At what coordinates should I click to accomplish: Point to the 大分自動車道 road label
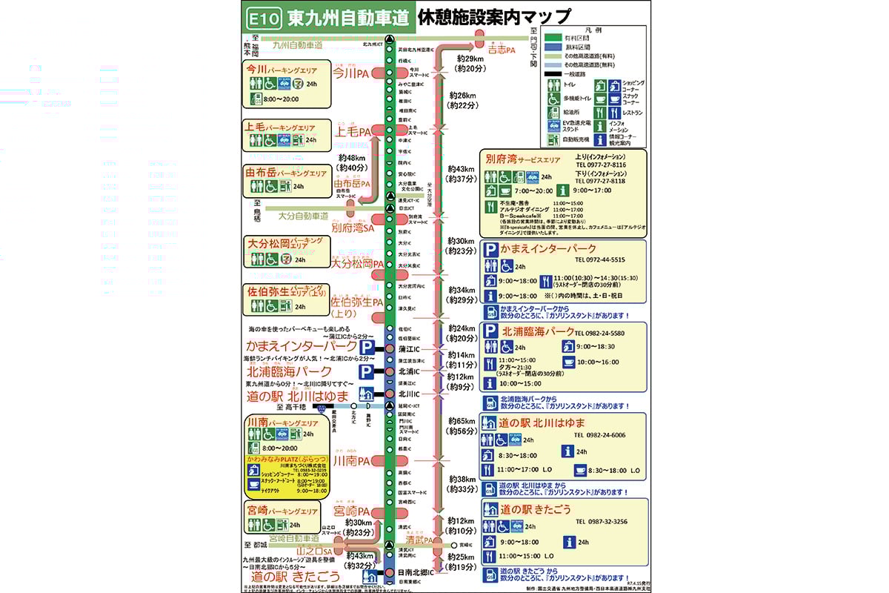[303, 216]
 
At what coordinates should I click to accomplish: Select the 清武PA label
[419, 540]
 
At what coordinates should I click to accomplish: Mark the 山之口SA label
[311, 551]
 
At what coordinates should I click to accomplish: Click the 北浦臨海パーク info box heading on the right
[538, 331]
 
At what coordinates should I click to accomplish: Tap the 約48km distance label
[351, 157]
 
